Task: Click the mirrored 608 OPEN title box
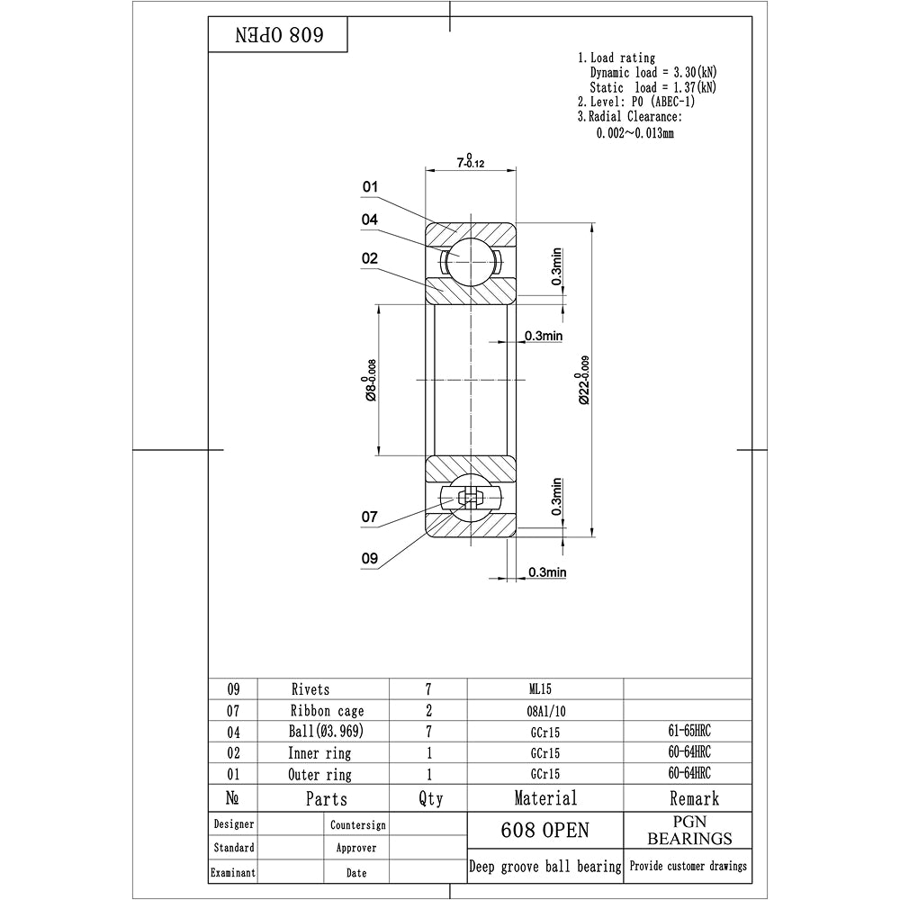click(279, 36)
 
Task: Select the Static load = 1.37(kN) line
click(653, 87)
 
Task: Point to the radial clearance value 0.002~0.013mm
click(635, 132)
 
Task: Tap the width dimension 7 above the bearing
click(471, 162)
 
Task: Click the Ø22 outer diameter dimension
click(586, 379)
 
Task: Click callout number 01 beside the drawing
click(370, 187)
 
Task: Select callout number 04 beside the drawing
click(370, 220)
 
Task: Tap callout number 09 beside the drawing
click(370, 558)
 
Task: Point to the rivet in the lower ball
click(470, 498)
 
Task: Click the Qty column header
click(431, 798)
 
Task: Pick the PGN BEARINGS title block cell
click(689, 831)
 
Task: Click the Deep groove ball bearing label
click(545, 867)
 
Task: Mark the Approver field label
click(355, 848)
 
